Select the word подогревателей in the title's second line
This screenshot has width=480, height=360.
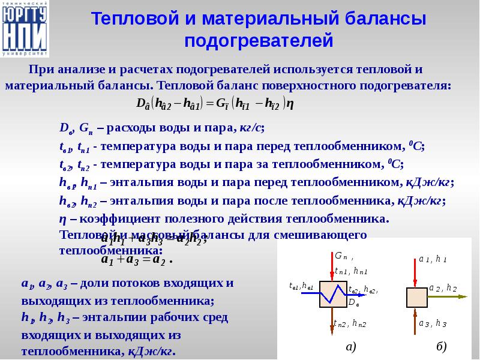point(258,41)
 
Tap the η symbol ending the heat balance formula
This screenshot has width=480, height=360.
point(290,103)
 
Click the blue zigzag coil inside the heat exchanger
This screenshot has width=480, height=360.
point(331,295)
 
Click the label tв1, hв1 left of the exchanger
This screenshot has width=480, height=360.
point(301,286)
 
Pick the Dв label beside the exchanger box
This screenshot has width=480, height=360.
point(356,301)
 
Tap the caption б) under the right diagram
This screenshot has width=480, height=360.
point(442,347)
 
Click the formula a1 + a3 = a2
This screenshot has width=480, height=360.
point(137,260)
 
